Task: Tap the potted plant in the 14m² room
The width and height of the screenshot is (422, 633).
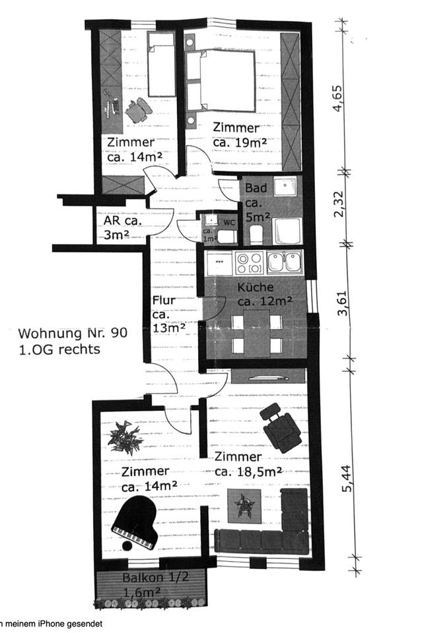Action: tap(125, 437)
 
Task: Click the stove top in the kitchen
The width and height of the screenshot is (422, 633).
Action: tap(249, 263)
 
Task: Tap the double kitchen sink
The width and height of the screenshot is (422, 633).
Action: tap(285, 262)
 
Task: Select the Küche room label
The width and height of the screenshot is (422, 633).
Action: tap(256, 287)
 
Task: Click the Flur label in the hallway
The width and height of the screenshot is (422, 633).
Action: tap(164, 301)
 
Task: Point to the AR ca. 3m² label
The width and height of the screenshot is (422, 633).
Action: tap(122, 227)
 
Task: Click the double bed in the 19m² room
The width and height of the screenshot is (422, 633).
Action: tap(221, 80)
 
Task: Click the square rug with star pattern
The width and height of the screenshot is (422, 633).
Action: tap(244, 506)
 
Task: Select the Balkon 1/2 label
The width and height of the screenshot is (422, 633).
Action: tap(155, 577)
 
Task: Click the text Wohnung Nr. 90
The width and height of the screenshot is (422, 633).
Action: tap(73, 333)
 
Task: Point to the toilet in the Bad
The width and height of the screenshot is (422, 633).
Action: tap(256, 234)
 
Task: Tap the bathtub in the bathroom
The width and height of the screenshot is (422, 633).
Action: tap(287, 231)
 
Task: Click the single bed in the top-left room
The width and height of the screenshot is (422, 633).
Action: tap(161, 65)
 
